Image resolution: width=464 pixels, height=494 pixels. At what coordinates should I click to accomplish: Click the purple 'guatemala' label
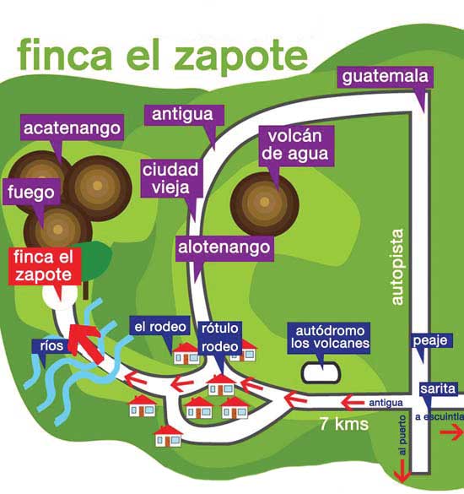click(x=385, y=77)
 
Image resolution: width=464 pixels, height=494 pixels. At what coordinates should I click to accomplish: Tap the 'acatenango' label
click(x=72, y=128)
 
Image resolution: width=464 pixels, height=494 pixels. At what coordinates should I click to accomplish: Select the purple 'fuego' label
click(x=31, y=192)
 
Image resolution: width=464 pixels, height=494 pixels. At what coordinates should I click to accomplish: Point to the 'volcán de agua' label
click(x=296, y=145)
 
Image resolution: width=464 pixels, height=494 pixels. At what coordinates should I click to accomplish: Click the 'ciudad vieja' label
click(x=171, y=178)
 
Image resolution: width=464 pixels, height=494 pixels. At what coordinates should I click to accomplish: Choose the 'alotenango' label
click(x=224, y=247)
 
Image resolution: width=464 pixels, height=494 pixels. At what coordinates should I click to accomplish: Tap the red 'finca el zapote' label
click(x=44, y=266)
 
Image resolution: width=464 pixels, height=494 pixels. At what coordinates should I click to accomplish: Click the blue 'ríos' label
click(x=51, y=346)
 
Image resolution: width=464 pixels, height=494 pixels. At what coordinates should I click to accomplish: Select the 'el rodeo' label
click(x=160, y=327)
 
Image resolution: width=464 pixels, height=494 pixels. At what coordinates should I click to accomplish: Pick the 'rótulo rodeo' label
click(x=219, y=338)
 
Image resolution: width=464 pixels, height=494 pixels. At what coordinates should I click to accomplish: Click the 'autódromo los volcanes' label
click(x=330, y=338)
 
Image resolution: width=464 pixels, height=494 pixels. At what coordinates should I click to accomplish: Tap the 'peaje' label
click(x=430, y=340)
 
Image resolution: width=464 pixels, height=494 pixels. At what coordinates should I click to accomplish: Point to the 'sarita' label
click(x=438, y=389)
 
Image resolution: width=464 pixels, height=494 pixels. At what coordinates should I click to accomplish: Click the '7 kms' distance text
click(x=343, y=424)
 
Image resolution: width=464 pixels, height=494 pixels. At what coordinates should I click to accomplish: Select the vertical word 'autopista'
click(x=397, y=267)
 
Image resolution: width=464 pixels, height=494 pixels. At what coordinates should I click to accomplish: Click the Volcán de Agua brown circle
click(x=264, y=204)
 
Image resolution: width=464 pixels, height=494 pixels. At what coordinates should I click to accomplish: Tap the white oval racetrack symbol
click(x=321, y=372)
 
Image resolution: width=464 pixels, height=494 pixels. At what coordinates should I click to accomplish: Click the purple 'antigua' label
click(x=183, y=114)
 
